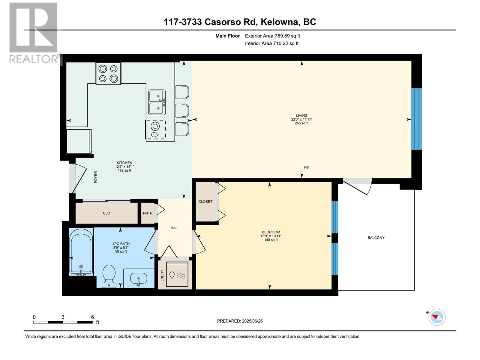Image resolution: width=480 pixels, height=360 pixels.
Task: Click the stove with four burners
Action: pyautogui.click(x=108, y=74)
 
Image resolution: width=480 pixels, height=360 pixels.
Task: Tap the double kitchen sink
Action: pyautogui.click(x=157, y=102)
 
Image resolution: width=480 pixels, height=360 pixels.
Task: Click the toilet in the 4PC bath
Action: pyautogui.click(x=109, y=275)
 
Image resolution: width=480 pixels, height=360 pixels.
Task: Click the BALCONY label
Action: pyautogui.click(x=376, y=238)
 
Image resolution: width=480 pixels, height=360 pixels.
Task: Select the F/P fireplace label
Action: pyautogui.click(x=306, y=168)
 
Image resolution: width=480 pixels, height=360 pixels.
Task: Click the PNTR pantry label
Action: pyautogui.click(x=148, y=213)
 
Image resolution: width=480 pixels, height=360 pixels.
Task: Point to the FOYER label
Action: pyautogui.click(x=96, y=177)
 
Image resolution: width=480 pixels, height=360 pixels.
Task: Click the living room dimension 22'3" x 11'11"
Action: pyautogui.click(x=301, y=119)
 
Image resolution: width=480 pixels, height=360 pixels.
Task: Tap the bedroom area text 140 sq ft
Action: pyautogui.click(x=271, y=240)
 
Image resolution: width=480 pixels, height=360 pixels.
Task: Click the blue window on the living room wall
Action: pyautogui.click(x=416, y=119)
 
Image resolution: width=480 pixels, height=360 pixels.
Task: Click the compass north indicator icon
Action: pyautogui.click(x=437, y=317)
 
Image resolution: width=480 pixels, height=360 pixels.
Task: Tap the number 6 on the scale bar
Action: pyautogui.click(x=92, y=317)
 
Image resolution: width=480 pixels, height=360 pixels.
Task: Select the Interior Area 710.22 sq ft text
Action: pyautogui.click(x=271, y=43)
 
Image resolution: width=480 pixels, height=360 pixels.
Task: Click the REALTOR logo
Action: pyautogui.click(x=34, y=33)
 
